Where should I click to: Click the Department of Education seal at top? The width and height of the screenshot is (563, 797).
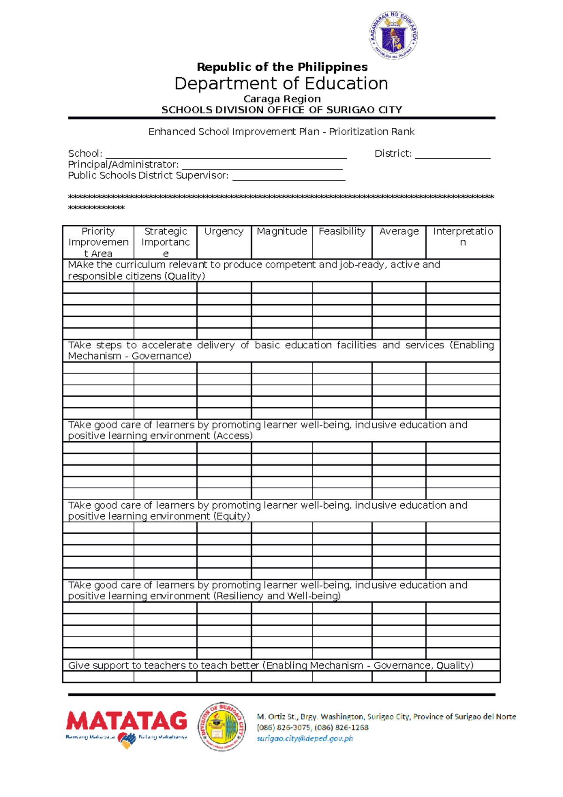[x=393, y=36]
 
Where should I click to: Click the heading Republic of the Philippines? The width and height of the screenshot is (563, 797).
[x=282, y=67]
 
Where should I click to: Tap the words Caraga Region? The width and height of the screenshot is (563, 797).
[x=282, y=99]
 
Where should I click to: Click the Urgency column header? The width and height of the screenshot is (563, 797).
[x=224, y=231]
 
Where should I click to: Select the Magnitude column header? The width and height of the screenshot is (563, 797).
[x=281, y=231]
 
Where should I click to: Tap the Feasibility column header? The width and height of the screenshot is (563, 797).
[x=342, y=231]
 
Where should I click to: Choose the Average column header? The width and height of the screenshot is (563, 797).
[x=399, y=231]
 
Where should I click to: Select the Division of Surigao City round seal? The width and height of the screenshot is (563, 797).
[x=222, y=727]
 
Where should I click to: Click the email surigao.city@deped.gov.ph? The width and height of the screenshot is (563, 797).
[x=305, y=739]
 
